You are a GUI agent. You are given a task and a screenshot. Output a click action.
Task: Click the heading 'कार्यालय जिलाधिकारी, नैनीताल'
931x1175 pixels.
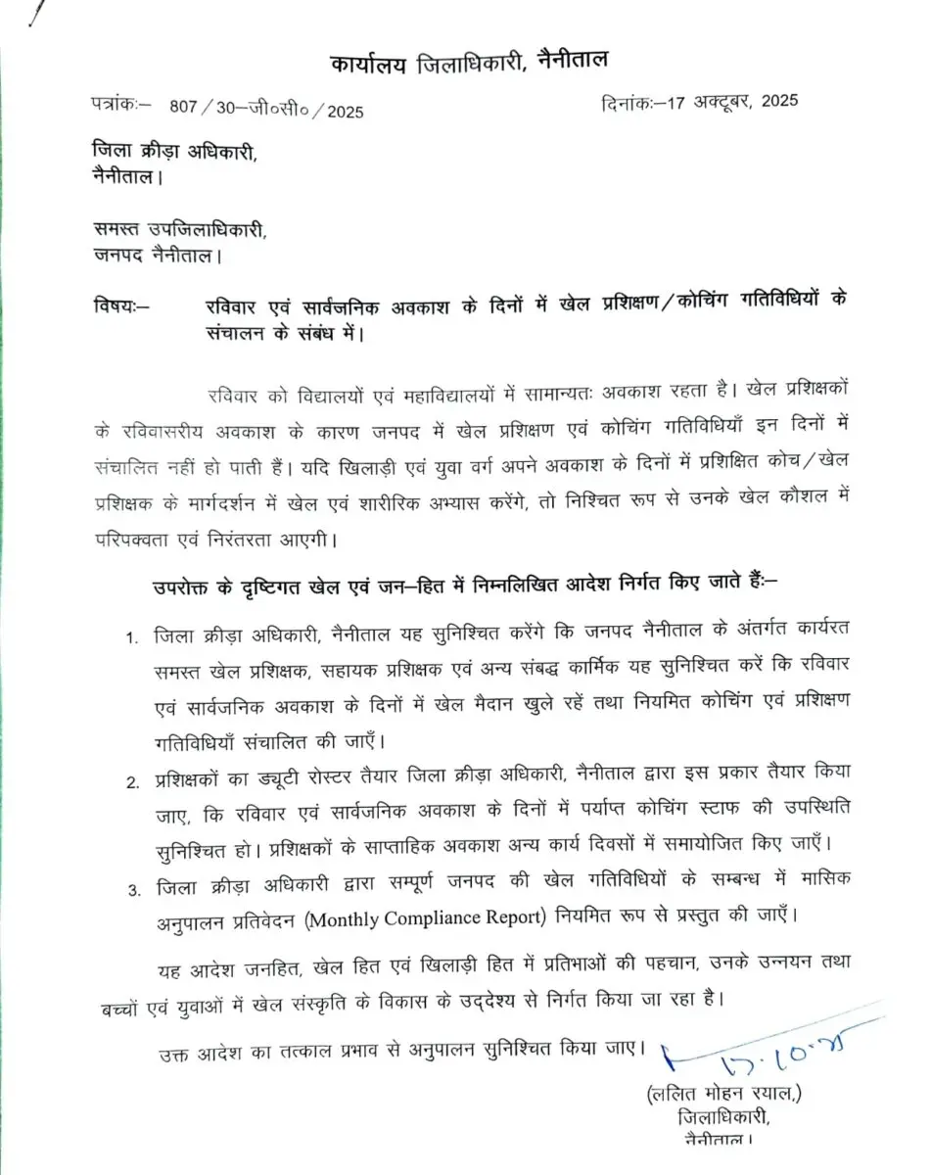[467, 63]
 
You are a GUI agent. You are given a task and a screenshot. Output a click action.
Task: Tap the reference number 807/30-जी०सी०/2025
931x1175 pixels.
[265, 112]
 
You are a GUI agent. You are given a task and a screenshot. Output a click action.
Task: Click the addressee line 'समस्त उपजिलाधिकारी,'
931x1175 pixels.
[177, 231]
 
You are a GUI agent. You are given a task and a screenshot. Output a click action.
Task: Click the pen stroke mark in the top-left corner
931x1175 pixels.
[36, 15]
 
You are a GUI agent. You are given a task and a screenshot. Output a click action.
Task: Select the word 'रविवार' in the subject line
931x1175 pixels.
[228, 304]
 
